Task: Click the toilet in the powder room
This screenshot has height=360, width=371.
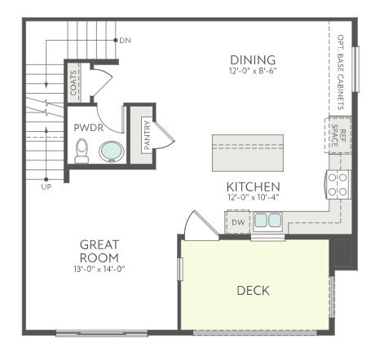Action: point(82,151)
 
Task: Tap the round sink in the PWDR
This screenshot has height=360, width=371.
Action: point(112,151)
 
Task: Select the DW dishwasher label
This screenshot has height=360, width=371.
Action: point(238,222)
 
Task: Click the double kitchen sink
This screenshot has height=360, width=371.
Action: point(267,220)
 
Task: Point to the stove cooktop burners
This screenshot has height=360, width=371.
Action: point(338,185)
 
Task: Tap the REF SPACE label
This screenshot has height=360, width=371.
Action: point(338,135)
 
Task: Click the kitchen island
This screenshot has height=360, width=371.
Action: point(248,153)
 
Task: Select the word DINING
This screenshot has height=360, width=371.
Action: point(253,60)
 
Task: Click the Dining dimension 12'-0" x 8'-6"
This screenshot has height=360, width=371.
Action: point(253,71)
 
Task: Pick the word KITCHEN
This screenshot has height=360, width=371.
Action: point(253,187)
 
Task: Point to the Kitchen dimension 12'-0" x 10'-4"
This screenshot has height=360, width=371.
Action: point(253,197)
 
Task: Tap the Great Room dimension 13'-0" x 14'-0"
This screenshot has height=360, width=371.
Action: point(99,269)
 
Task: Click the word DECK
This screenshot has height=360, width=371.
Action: point(253,291)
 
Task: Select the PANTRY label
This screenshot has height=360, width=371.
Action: point(147,135)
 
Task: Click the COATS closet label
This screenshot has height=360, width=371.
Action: point(73,83)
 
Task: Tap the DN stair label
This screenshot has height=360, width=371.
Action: point(125,41)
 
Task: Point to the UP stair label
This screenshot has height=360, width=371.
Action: point(46,187)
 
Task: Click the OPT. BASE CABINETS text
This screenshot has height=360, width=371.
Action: point(340,72)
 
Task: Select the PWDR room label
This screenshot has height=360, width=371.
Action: point(89,128)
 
